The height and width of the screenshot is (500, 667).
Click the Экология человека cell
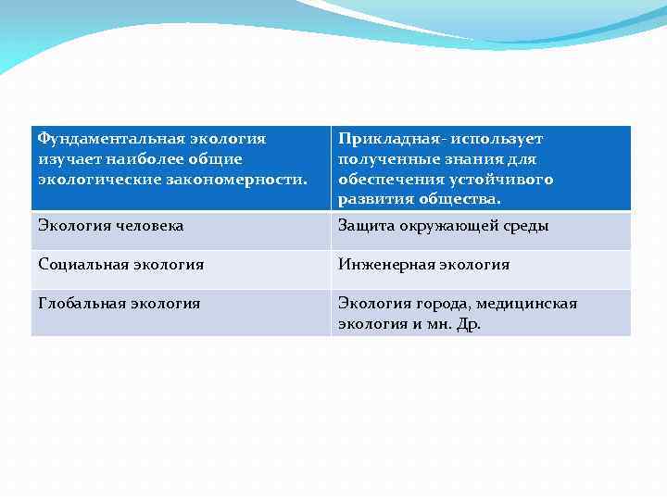point(111,226)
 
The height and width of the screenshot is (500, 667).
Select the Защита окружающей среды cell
point(444,226)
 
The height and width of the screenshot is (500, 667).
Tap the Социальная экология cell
point(121,265)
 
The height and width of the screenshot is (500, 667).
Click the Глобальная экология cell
point(120,304)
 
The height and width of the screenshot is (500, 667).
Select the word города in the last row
point(442,304)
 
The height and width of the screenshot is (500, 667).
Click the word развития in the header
point(370,199)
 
